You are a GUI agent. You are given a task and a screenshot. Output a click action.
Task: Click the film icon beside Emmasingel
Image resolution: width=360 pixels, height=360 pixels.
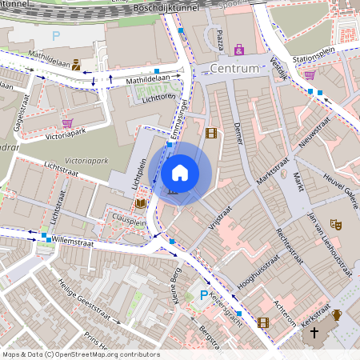click(x=210, y=134)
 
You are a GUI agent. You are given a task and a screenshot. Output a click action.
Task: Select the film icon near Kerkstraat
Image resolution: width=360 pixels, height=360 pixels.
click(x=263, y=322)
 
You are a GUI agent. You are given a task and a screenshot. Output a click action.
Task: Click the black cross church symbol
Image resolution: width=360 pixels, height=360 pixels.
click(x=314, y=332)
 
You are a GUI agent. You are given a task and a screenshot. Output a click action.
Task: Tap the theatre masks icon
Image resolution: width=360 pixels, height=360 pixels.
click(x=336, y=226)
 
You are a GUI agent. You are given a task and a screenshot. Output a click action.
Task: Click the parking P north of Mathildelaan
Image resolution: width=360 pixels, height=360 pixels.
click(x=56, y=36)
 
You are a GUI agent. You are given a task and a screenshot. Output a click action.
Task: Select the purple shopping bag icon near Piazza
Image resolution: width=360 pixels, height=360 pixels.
click(x=238, y=50)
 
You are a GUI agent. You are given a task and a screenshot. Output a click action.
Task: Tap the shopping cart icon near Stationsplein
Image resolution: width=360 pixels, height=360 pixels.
click(x=310, y=75)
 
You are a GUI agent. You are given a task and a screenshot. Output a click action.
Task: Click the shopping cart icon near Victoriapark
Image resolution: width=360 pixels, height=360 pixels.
click(x=67, y=123)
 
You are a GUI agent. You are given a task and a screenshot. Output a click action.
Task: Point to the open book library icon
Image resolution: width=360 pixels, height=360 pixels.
click(x=141, y=204)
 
